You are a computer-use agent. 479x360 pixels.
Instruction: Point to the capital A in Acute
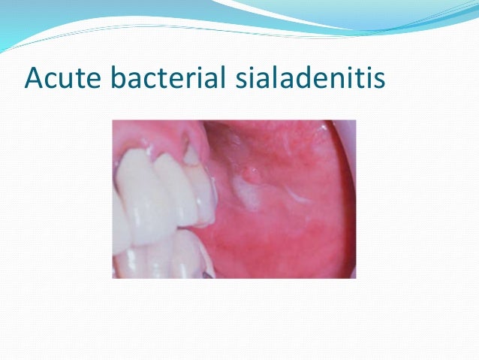tap(34, 78)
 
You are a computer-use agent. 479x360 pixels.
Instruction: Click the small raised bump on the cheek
tap(250, 175)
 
